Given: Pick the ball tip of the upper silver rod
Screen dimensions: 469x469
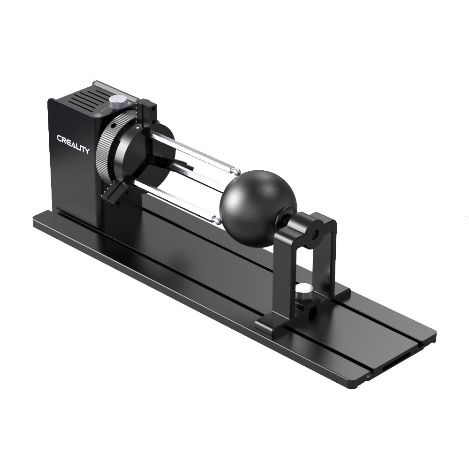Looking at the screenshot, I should coord(238,171).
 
